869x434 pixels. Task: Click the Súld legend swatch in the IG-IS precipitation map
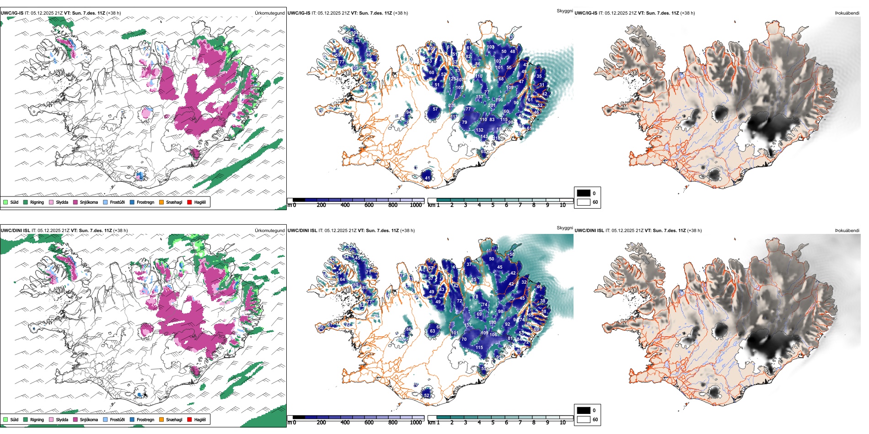(5, 202)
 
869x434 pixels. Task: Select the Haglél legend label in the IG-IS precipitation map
(200, 202)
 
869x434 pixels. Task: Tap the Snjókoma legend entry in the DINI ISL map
(89, 419)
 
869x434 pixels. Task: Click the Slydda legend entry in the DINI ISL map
(62, 419)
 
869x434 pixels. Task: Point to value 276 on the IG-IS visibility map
(452, 106)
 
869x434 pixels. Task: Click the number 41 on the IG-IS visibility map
(427, 178)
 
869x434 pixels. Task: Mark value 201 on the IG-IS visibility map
(492, 105)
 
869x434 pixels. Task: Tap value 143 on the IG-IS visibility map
(484, 136)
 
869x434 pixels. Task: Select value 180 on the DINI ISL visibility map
(493, 322)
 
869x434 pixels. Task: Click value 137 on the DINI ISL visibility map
(467, 325)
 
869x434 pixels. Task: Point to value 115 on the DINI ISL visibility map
(479, 347)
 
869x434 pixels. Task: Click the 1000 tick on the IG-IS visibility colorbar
(416, 205)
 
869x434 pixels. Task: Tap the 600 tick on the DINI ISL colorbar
(369, 423)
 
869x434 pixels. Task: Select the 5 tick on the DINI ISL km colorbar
(493, 423)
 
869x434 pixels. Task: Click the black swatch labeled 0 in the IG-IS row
(584, 193)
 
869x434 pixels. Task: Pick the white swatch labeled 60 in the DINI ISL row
(584, 419)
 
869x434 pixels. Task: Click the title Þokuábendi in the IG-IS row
(847, 13)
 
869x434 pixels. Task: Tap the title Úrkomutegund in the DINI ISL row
(269, 231)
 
